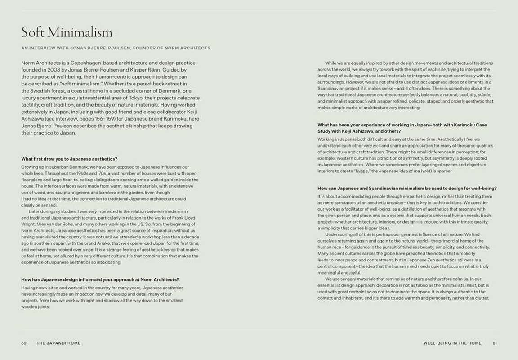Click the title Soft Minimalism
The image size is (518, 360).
tap(67, 33)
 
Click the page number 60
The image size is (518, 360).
tap(24, 343)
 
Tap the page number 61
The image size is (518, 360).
tap(495, 343)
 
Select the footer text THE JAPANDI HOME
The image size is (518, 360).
tap(58, 343)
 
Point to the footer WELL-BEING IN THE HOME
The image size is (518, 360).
tap(452, 343)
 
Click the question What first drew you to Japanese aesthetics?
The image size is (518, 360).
tap(69, 159)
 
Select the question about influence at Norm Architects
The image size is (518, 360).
tap(100, 279)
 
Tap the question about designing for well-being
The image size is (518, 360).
tap(407, 188)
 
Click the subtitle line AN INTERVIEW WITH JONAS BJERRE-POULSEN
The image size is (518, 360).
tap(116, 48)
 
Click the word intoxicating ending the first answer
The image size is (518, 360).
tap(107, 262)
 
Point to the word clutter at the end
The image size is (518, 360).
tap(481, 298)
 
